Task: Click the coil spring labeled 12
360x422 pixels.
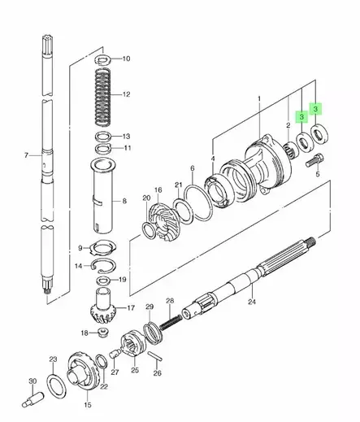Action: [x=102, y=96]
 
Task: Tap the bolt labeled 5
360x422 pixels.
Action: [x=314, y=160]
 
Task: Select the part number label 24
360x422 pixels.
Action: [x=252, y=302]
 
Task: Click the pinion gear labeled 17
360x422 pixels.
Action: [x=103, y=306]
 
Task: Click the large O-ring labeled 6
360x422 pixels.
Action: [x=197, y=202]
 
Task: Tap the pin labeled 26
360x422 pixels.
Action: [x=155, y=356]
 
